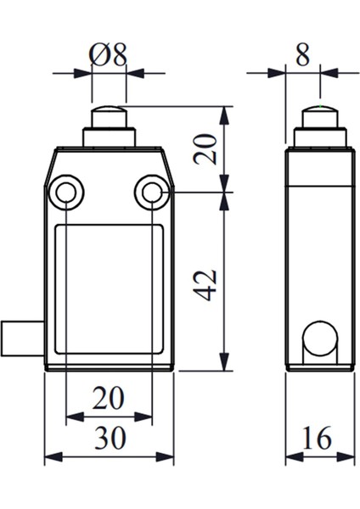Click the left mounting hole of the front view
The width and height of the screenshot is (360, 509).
tap(65, 194)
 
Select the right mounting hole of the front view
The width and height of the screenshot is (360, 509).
tap(151, 194)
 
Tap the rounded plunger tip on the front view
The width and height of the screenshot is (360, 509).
tap(109, 116)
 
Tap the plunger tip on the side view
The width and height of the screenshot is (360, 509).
tap(319, 116)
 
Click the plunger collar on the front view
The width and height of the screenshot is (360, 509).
tap(109, 137)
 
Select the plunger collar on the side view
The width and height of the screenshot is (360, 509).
tap(319, 137)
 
